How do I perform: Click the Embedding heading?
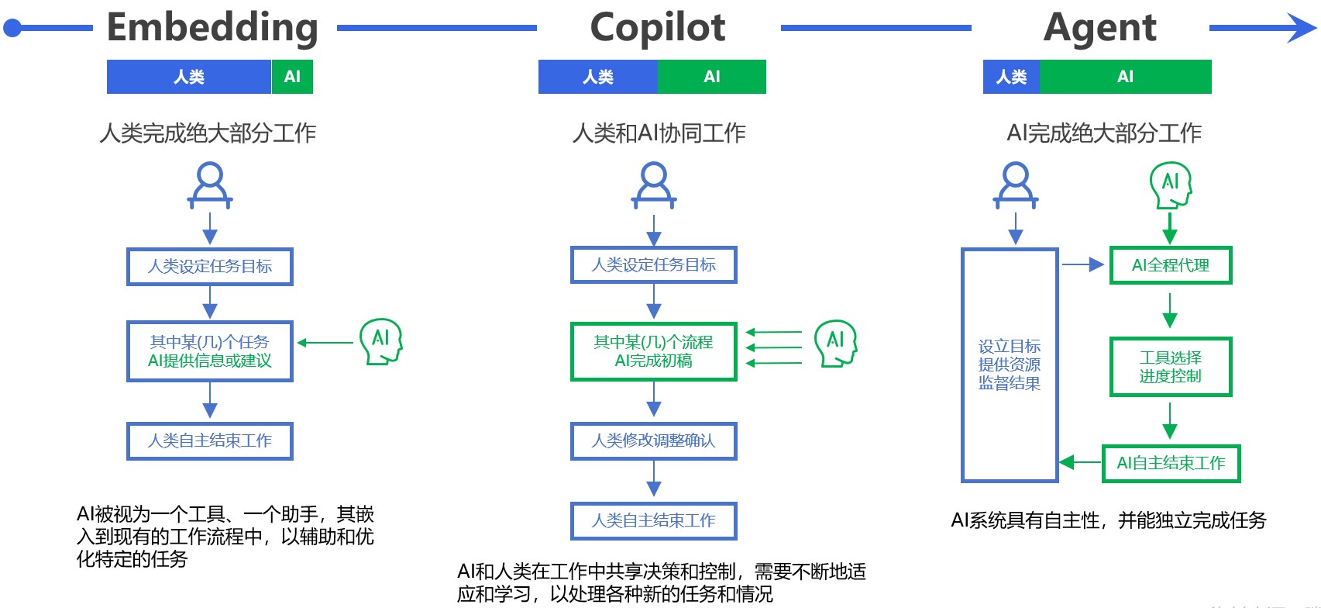[212, 28]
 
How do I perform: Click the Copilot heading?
[657, 28]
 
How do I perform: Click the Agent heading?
[1099, 28]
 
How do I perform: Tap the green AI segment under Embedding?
[292, 77]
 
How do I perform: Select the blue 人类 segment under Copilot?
[597, 77]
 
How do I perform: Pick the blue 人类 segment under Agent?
[1011, 77]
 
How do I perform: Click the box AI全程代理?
[1170, 265]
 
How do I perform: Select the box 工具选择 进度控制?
[1170, 367]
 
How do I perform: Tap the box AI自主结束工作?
[1170, 463]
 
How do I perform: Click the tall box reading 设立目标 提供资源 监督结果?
[1009, 364]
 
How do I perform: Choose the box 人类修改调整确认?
[653, 440]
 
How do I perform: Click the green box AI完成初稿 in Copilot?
[653, 351]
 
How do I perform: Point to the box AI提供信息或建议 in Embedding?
[210, 351]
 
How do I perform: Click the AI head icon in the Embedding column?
[380, 341]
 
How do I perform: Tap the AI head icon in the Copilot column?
[835, 343]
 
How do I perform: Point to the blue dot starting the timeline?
[12, 29]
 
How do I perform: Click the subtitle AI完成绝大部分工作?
[1103, 133]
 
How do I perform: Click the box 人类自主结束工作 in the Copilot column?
[653, 520]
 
